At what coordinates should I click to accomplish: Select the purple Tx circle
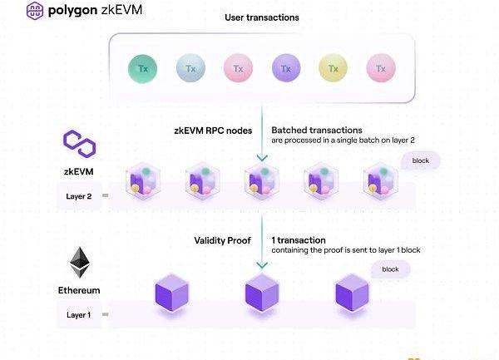pos(286,67)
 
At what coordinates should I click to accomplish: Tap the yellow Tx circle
pos(333,67)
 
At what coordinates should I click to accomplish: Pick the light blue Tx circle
pos(191,67)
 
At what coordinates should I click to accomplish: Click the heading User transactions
pos(261,17)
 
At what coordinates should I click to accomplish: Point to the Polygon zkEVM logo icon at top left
pos(13,12)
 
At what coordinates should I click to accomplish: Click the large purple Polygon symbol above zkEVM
pos(80,143)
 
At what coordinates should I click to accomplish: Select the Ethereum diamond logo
pos(80,264)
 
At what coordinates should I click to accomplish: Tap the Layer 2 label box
pos(80,197)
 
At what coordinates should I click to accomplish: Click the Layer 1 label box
pos(80,315)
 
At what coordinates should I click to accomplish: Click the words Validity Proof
pos(221,240)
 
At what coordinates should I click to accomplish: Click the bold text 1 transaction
pos(299,240)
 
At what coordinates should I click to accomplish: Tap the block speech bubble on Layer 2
pos(420,160)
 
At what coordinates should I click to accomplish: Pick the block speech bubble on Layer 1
pos(390,269)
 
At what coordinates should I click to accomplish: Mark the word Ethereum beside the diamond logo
pos(80,290)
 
